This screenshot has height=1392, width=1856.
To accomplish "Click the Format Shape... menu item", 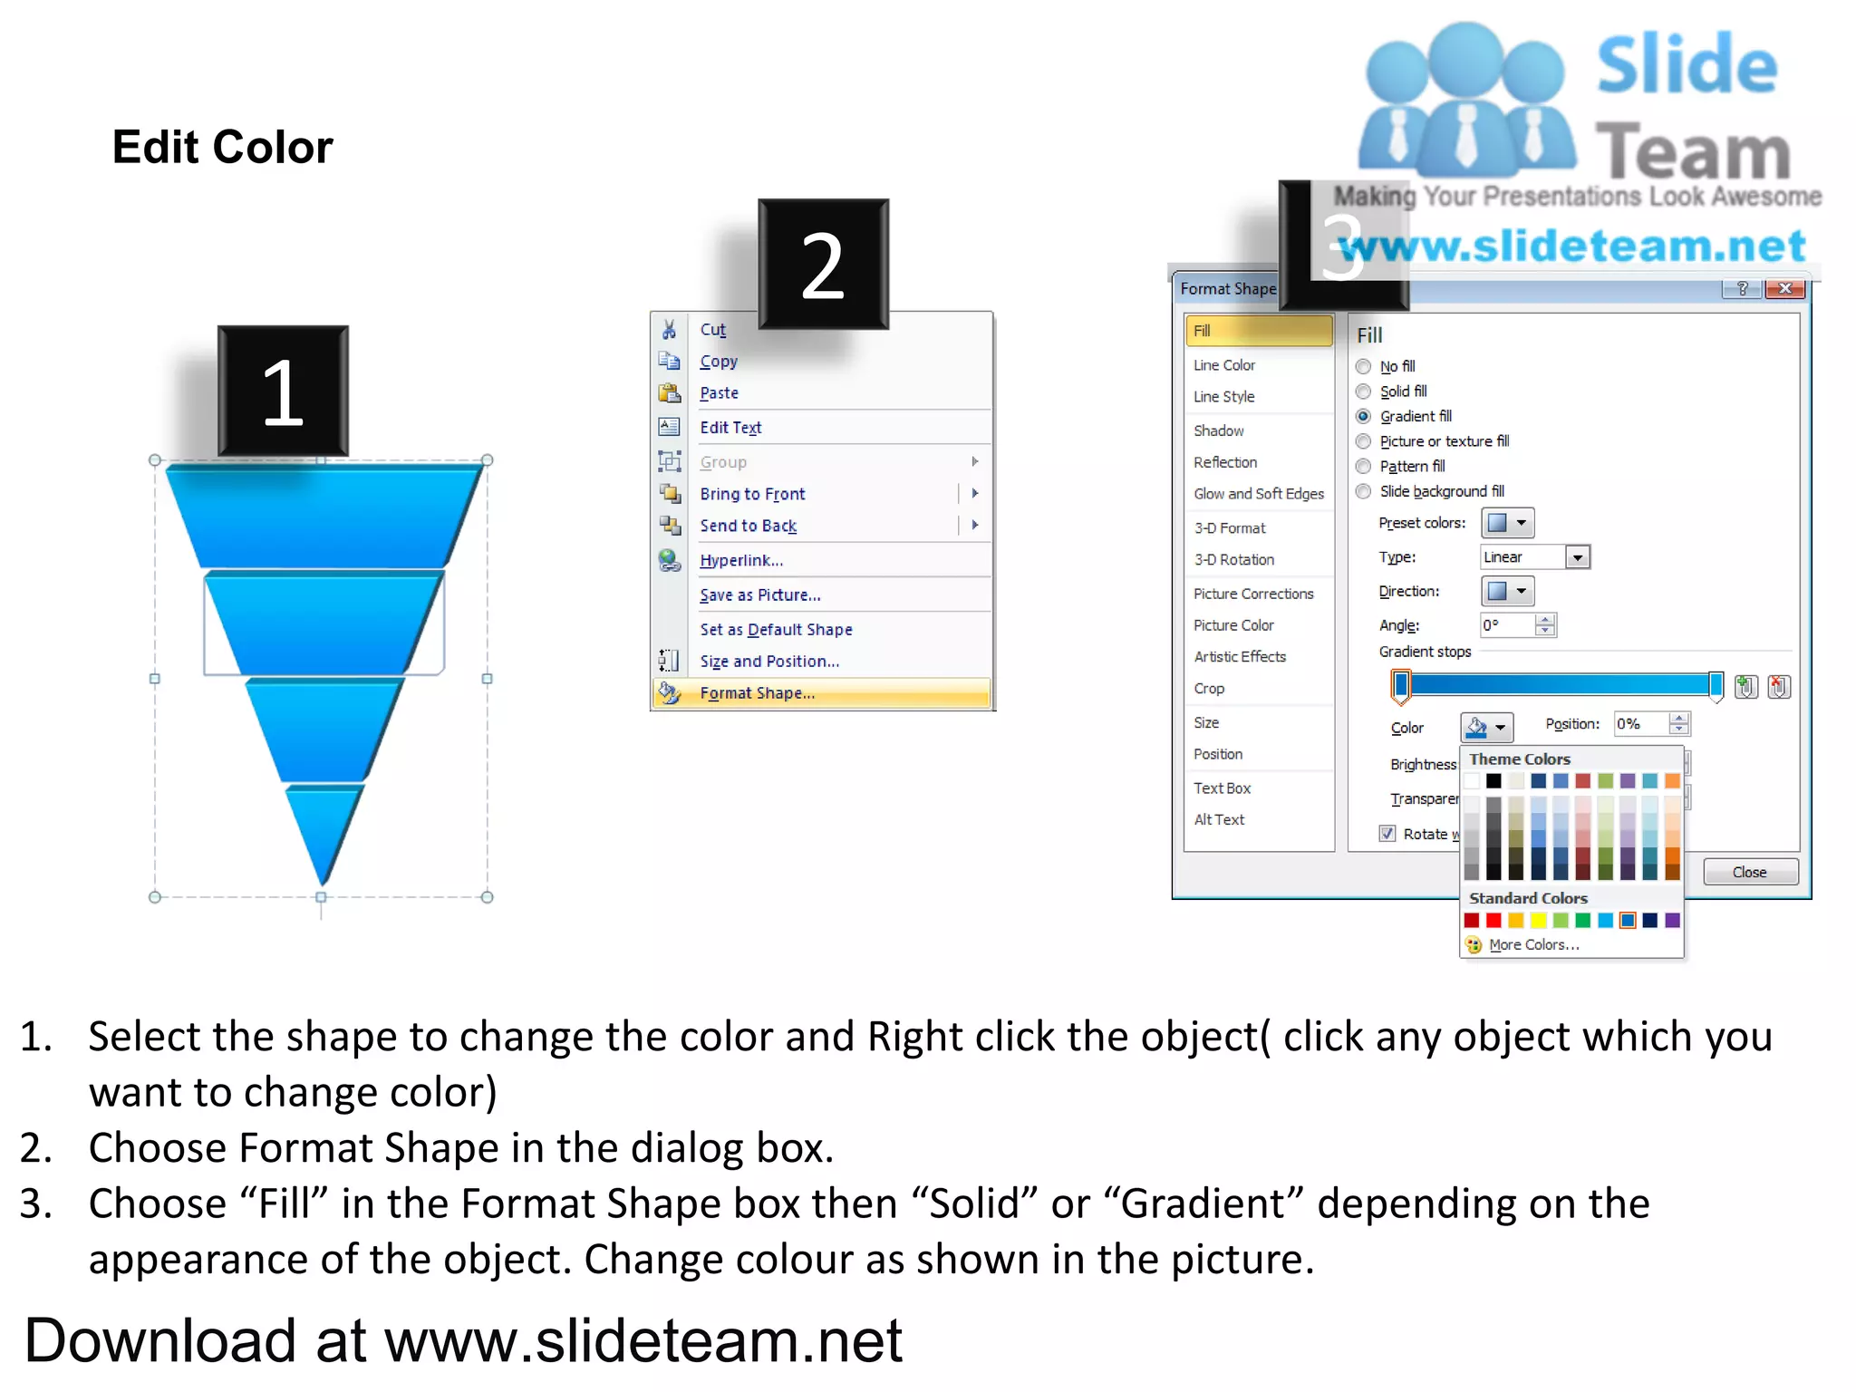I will click(757, 693).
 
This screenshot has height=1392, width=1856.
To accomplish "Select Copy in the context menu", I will click(719, 362).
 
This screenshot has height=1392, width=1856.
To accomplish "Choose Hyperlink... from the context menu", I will click(741, 560).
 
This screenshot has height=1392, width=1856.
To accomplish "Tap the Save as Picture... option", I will click(760, 595).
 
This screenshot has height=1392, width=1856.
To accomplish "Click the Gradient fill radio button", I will click(1363, 417).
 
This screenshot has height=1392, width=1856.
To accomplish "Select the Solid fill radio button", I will click(1363, 391).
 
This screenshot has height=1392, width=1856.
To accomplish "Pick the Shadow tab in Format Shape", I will click(1218, 430).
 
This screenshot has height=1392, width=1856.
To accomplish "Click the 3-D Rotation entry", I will click(1233, 560).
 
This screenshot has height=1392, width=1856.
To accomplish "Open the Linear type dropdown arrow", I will click(1578, 557).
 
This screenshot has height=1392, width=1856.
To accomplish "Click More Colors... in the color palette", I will click(1533, 944).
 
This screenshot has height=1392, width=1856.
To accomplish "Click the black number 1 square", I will click(283, 391).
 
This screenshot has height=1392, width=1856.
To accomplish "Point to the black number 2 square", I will click(823, 265).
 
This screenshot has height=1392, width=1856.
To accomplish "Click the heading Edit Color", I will click(223, 147).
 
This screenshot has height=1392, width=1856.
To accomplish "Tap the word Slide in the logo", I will click(1687, 65).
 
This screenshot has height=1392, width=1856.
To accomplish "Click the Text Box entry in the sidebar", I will click(1222, 788).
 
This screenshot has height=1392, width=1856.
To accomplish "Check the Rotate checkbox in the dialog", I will click(1387, 834).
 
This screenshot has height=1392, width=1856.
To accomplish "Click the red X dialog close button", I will click(1784, 288).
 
